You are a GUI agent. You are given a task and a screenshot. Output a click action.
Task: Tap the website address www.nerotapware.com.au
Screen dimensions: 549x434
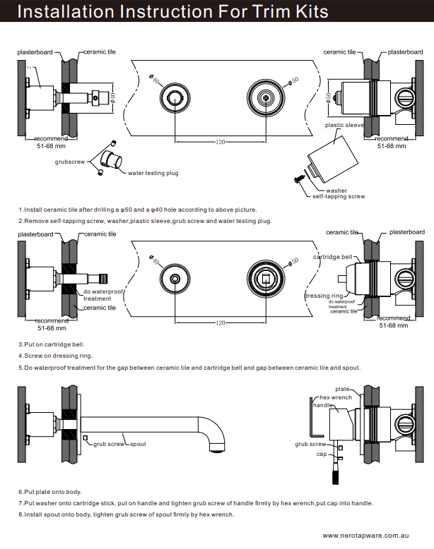coord(376,536)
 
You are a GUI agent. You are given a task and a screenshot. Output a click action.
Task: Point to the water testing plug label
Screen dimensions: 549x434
coord(151,172)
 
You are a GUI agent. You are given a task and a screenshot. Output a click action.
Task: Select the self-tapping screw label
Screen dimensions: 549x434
coord(339,196)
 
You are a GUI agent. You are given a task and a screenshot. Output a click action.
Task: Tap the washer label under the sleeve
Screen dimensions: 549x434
coord(336,190)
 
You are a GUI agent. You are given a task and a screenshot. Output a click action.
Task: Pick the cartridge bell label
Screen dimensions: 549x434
coord(332,257)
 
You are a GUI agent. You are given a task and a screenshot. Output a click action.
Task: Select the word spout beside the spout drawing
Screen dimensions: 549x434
coord(138,444)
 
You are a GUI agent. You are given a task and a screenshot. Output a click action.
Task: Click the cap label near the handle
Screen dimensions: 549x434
coord(321,454)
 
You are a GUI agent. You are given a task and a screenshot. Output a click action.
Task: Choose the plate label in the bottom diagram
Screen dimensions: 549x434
coord(342,389)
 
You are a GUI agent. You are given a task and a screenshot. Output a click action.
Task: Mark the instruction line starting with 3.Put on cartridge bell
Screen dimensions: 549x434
coord(54,344)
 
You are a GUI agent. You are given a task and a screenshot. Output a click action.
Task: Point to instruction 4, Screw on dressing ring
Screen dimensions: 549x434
coord(56,356)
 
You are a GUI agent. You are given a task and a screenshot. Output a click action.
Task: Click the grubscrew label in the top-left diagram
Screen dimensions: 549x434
coord(69,162)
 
